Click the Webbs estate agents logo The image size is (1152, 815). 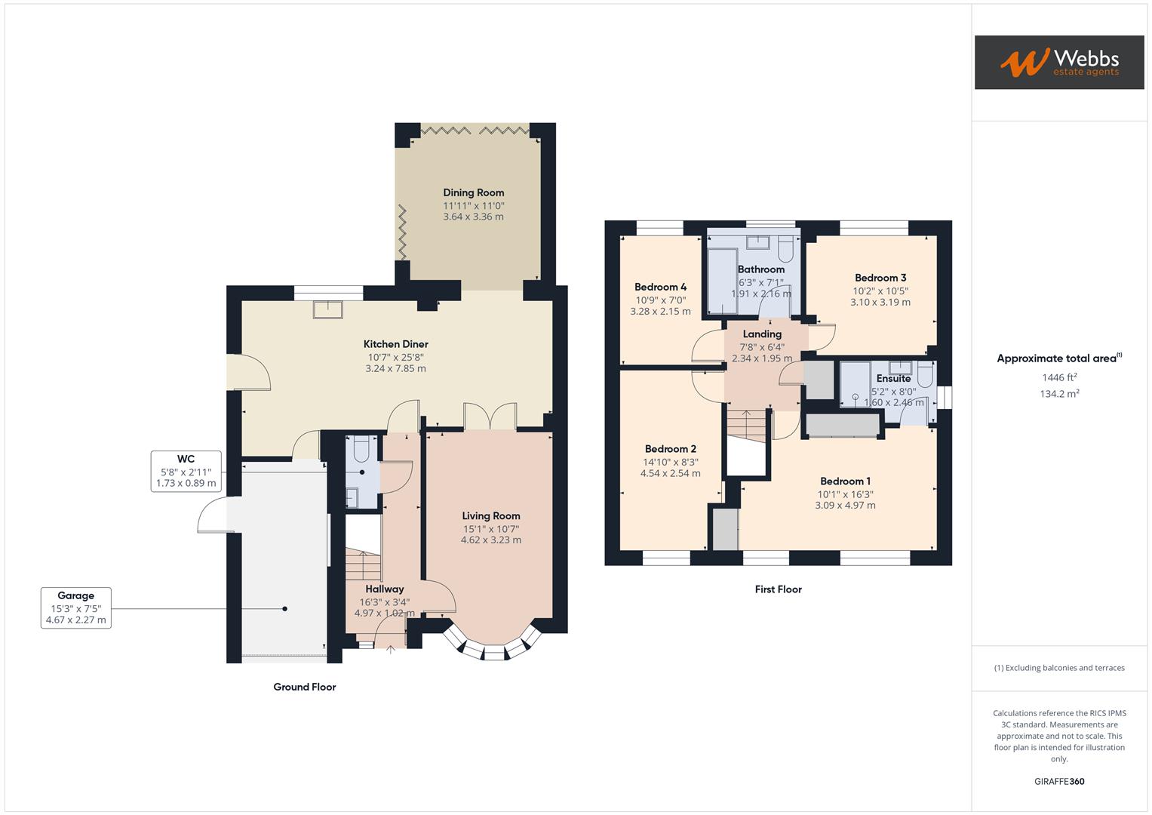[1058, 62]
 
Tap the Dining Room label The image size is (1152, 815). [473, 192]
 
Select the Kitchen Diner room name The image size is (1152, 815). [395, 344]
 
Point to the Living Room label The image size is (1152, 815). [490, 516]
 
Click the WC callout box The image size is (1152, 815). [186, 471]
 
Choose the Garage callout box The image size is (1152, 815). [75, 608]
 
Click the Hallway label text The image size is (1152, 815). [384, 589]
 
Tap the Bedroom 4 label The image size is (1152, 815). [660, 287]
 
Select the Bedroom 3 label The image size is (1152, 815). [880, 278]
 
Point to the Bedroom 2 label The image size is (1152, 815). [670, 449]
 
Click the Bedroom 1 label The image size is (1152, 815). [845, 481]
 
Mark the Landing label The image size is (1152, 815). [761, 334]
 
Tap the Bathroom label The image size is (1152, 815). [760, 269]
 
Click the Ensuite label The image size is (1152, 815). [893, 379]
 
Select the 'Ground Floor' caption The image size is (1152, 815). [304, 687]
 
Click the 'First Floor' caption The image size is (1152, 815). [778, 589]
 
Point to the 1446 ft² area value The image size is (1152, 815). [1058, 377]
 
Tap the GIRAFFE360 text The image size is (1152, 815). [1058, 781]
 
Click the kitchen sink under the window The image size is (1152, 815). [328, 308]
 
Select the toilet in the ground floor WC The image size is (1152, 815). [360, 449]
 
